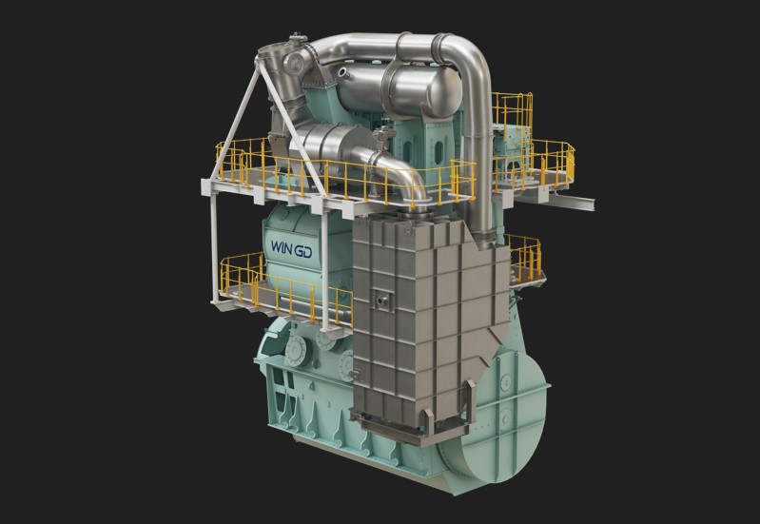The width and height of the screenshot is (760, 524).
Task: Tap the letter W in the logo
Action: click(276, 246)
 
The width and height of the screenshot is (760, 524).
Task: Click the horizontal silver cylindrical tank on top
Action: click(399, 90)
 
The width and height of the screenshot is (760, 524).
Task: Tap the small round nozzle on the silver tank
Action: click(343, 73)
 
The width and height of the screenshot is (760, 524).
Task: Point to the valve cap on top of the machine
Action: click(297, 38)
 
